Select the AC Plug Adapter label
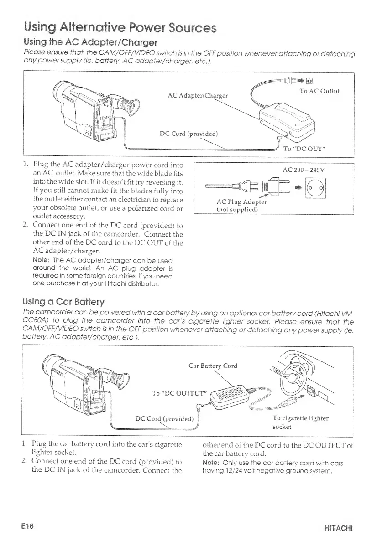click(242, 201)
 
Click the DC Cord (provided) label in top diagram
click(189, 134)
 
